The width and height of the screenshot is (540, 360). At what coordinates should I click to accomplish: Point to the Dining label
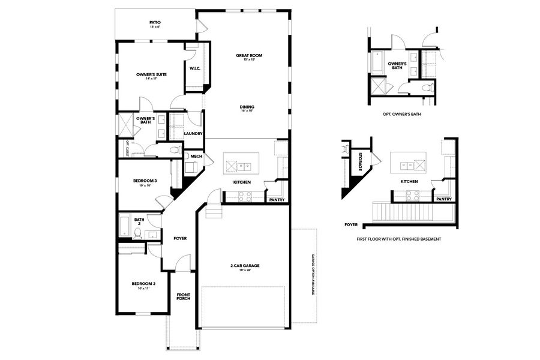pos(248,109)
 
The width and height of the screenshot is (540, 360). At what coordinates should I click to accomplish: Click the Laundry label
pos(193,133)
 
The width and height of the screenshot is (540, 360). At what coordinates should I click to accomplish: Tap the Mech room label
pos(196,156)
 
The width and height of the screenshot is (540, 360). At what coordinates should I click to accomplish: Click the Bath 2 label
pos(139,221)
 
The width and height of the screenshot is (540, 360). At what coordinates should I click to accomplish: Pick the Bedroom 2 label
pos(143,285)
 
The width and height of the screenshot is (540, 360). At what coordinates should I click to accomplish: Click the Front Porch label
pos(183,296)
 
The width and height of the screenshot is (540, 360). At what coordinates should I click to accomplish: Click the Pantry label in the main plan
pos(277,199)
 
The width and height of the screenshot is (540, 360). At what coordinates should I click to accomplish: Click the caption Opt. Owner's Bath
pos(401,113)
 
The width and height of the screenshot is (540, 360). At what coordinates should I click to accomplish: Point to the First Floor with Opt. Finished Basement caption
pos(398,239)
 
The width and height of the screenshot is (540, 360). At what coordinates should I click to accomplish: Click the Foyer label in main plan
pos(180,238)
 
